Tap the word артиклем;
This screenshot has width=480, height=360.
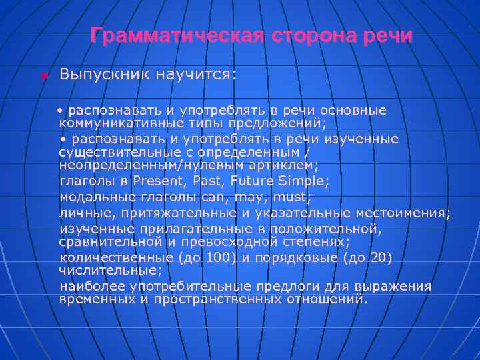pyautogui.click(x=283, y=164)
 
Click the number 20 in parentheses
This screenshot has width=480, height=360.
pyautogui.click(x=377, y=258)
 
